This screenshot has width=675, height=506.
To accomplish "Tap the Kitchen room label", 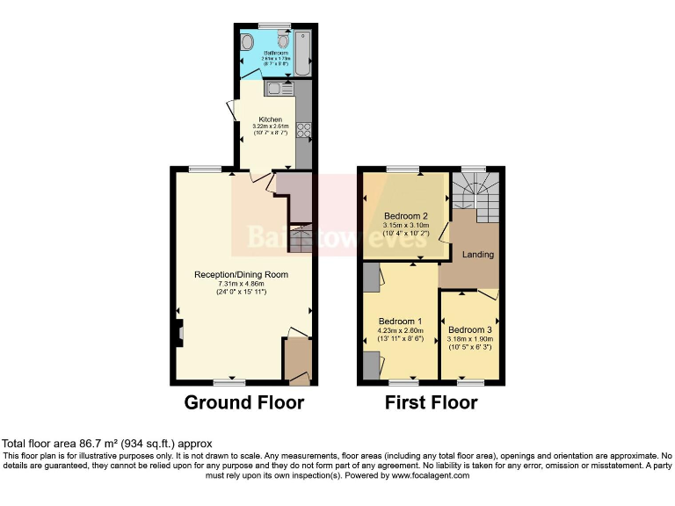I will click(270, 119).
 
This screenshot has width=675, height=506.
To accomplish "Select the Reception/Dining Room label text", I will click(241, 275).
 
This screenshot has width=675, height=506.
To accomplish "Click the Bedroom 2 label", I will click(405, 216).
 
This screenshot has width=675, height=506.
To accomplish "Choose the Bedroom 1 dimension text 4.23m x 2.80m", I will click(400, 330).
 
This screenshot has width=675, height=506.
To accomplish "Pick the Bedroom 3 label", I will click(471, 330).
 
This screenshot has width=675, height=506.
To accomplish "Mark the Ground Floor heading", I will click(243, 403).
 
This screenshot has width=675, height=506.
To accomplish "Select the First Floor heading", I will click(431, 403).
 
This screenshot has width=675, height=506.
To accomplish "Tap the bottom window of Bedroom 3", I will click(471, 382).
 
